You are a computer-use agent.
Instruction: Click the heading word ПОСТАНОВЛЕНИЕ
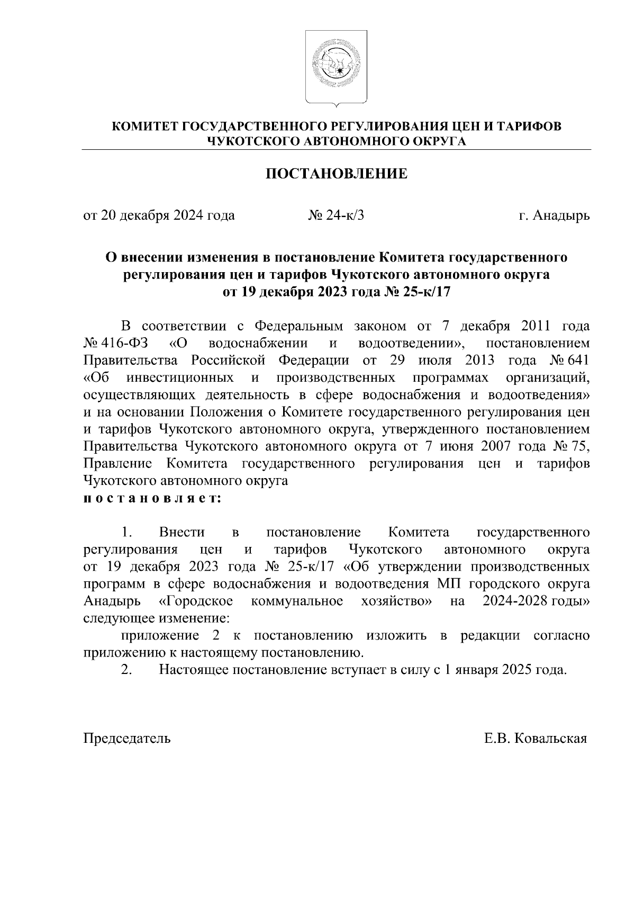(336, 174)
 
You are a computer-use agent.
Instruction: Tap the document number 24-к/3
(344, 216)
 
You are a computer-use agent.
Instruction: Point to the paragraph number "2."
(126, 670)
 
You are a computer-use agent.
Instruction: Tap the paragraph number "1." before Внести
(126, 532)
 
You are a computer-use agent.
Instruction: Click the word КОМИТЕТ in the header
(144, 127)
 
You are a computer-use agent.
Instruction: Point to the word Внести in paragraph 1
(182, 532)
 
